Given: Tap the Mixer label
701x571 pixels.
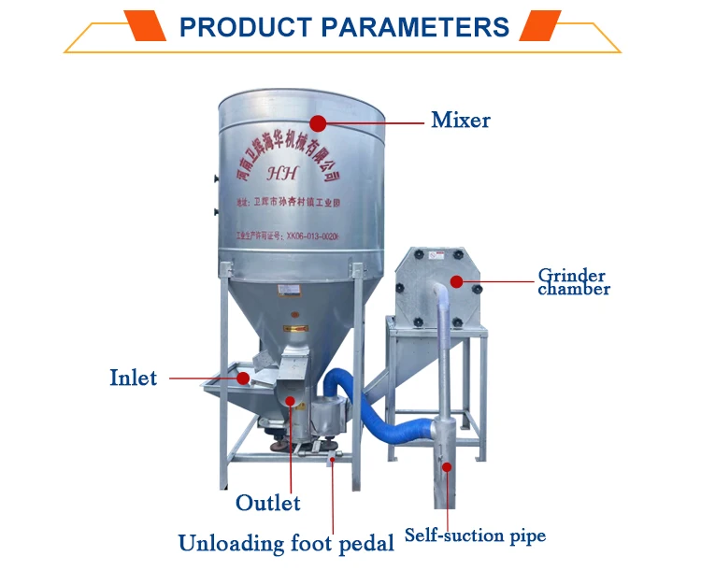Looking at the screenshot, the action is tap(460, 121).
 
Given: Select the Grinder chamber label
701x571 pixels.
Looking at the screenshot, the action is tap(573, 282).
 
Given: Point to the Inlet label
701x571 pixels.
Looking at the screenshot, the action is tap(133, 378).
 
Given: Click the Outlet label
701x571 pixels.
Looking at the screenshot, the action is tap(267, 503).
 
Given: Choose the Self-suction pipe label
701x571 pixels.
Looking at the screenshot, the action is tap(475, 535).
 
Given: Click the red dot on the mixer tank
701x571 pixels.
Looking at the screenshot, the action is tap(318, 122).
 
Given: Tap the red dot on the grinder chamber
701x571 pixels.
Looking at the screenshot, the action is tap(456, 280).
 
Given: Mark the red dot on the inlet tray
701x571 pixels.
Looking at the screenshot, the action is tap(243, 378).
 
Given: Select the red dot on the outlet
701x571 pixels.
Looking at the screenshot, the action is tap(291, 402).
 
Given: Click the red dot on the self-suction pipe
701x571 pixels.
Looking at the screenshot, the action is tap(447, 465).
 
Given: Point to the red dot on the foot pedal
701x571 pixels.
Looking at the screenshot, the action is tap(332, 458).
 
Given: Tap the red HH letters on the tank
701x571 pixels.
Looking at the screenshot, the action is tap(280, 173).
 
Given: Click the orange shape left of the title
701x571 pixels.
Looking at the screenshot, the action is tap(140, 24).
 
